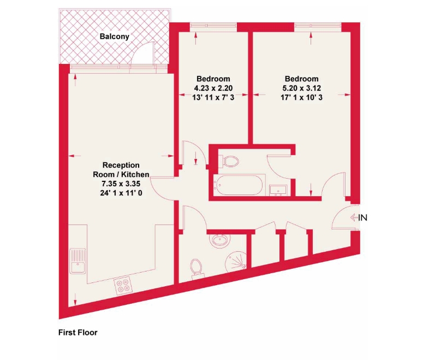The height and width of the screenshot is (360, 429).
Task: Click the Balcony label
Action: coord(115,37)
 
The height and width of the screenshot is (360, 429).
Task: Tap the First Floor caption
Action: coord(78,332)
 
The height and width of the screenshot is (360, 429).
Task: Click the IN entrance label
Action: coord(362,217)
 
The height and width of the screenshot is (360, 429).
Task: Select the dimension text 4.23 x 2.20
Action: coord(213,88)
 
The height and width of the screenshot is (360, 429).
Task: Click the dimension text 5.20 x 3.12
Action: coord(301,88)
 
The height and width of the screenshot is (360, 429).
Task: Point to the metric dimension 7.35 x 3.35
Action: coord(121,184)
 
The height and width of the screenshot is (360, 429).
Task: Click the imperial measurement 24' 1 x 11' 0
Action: coord(121,193)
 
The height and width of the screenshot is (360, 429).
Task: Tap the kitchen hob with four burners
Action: coord(123,286)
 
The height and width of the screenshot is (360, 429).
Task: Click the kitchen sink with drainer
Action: coord(78,261)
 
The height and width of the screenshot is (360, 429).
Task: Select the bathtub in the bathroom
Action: coord(239,185)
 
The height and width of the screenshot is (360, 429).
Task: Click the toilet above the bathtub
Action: coord(228,161)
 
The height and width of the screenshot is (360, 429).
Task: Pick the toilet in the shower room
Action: coord(197,269)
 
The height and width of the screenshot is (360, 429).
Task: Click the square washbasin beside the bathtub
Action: coord(278,190)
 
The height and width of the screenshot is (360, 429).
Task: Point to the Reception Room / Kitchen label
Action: coord(121,170)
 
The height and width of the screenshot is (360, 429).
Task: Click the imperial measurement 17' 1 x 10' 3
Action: coord(301,97)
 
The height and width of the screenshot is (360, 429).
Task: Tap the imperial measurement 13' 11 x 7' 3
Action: coord(213,97)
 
